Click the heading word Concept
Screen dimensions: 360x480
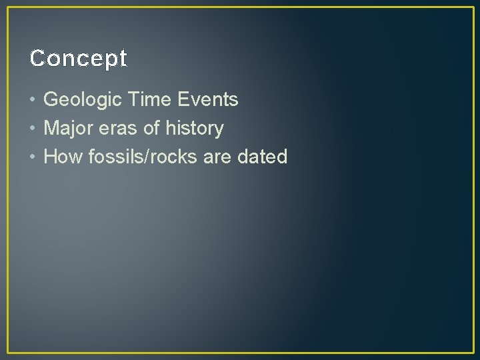[78, 59]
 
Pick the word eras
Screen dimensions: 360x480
[118, 128]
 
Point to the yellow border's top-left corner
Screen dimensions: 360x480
[7, 7]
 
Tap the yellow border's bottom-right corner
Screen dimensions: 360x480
[473, 353]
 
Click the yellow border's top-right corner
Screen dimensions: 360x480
[473, 7]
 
